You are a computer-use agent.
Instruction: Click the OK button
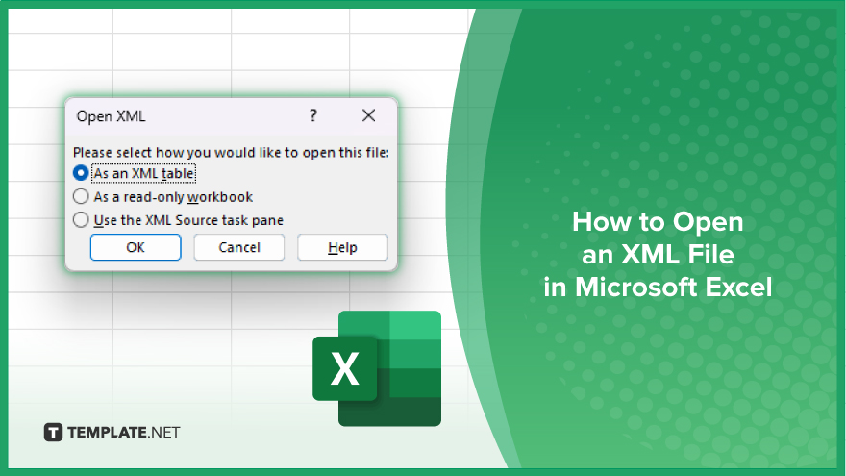[x=136, y=247]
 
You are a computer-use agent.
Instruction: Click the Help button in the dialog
[x=342, y=247]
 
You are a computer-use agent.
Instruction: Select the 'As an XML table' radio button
[x=81, y=173]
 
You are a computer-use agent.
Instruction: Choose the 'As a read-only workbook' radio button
[x=81, y=196]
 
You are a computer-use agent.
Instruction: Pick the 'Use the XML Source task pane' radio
[x=81, y=219]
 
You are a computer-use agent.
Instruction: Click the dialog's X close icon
[x=368, y=115]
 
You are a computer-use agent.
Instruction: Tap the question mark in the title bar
[x=313, y=115]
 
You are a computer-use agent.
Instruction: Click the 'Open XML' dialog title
[x=111, y=116]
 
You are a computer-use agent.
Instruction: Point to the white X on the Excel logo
[x=345, y=369]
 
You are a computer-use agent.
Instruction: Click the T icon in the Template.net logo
[x=53, y=433]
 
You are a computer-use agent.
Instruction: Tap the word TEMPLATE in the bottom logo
[x=107, y=433]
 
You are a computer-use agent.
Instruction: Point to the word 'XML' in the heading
[x=648, y=254]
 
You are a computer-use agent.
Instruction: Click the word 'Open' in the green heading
[x=708, y=222]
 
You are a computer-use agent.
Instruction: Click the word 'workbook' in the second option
[x=219, y=197]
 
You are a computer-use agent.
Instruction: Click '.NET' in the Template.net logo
[x=164, y=433]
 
